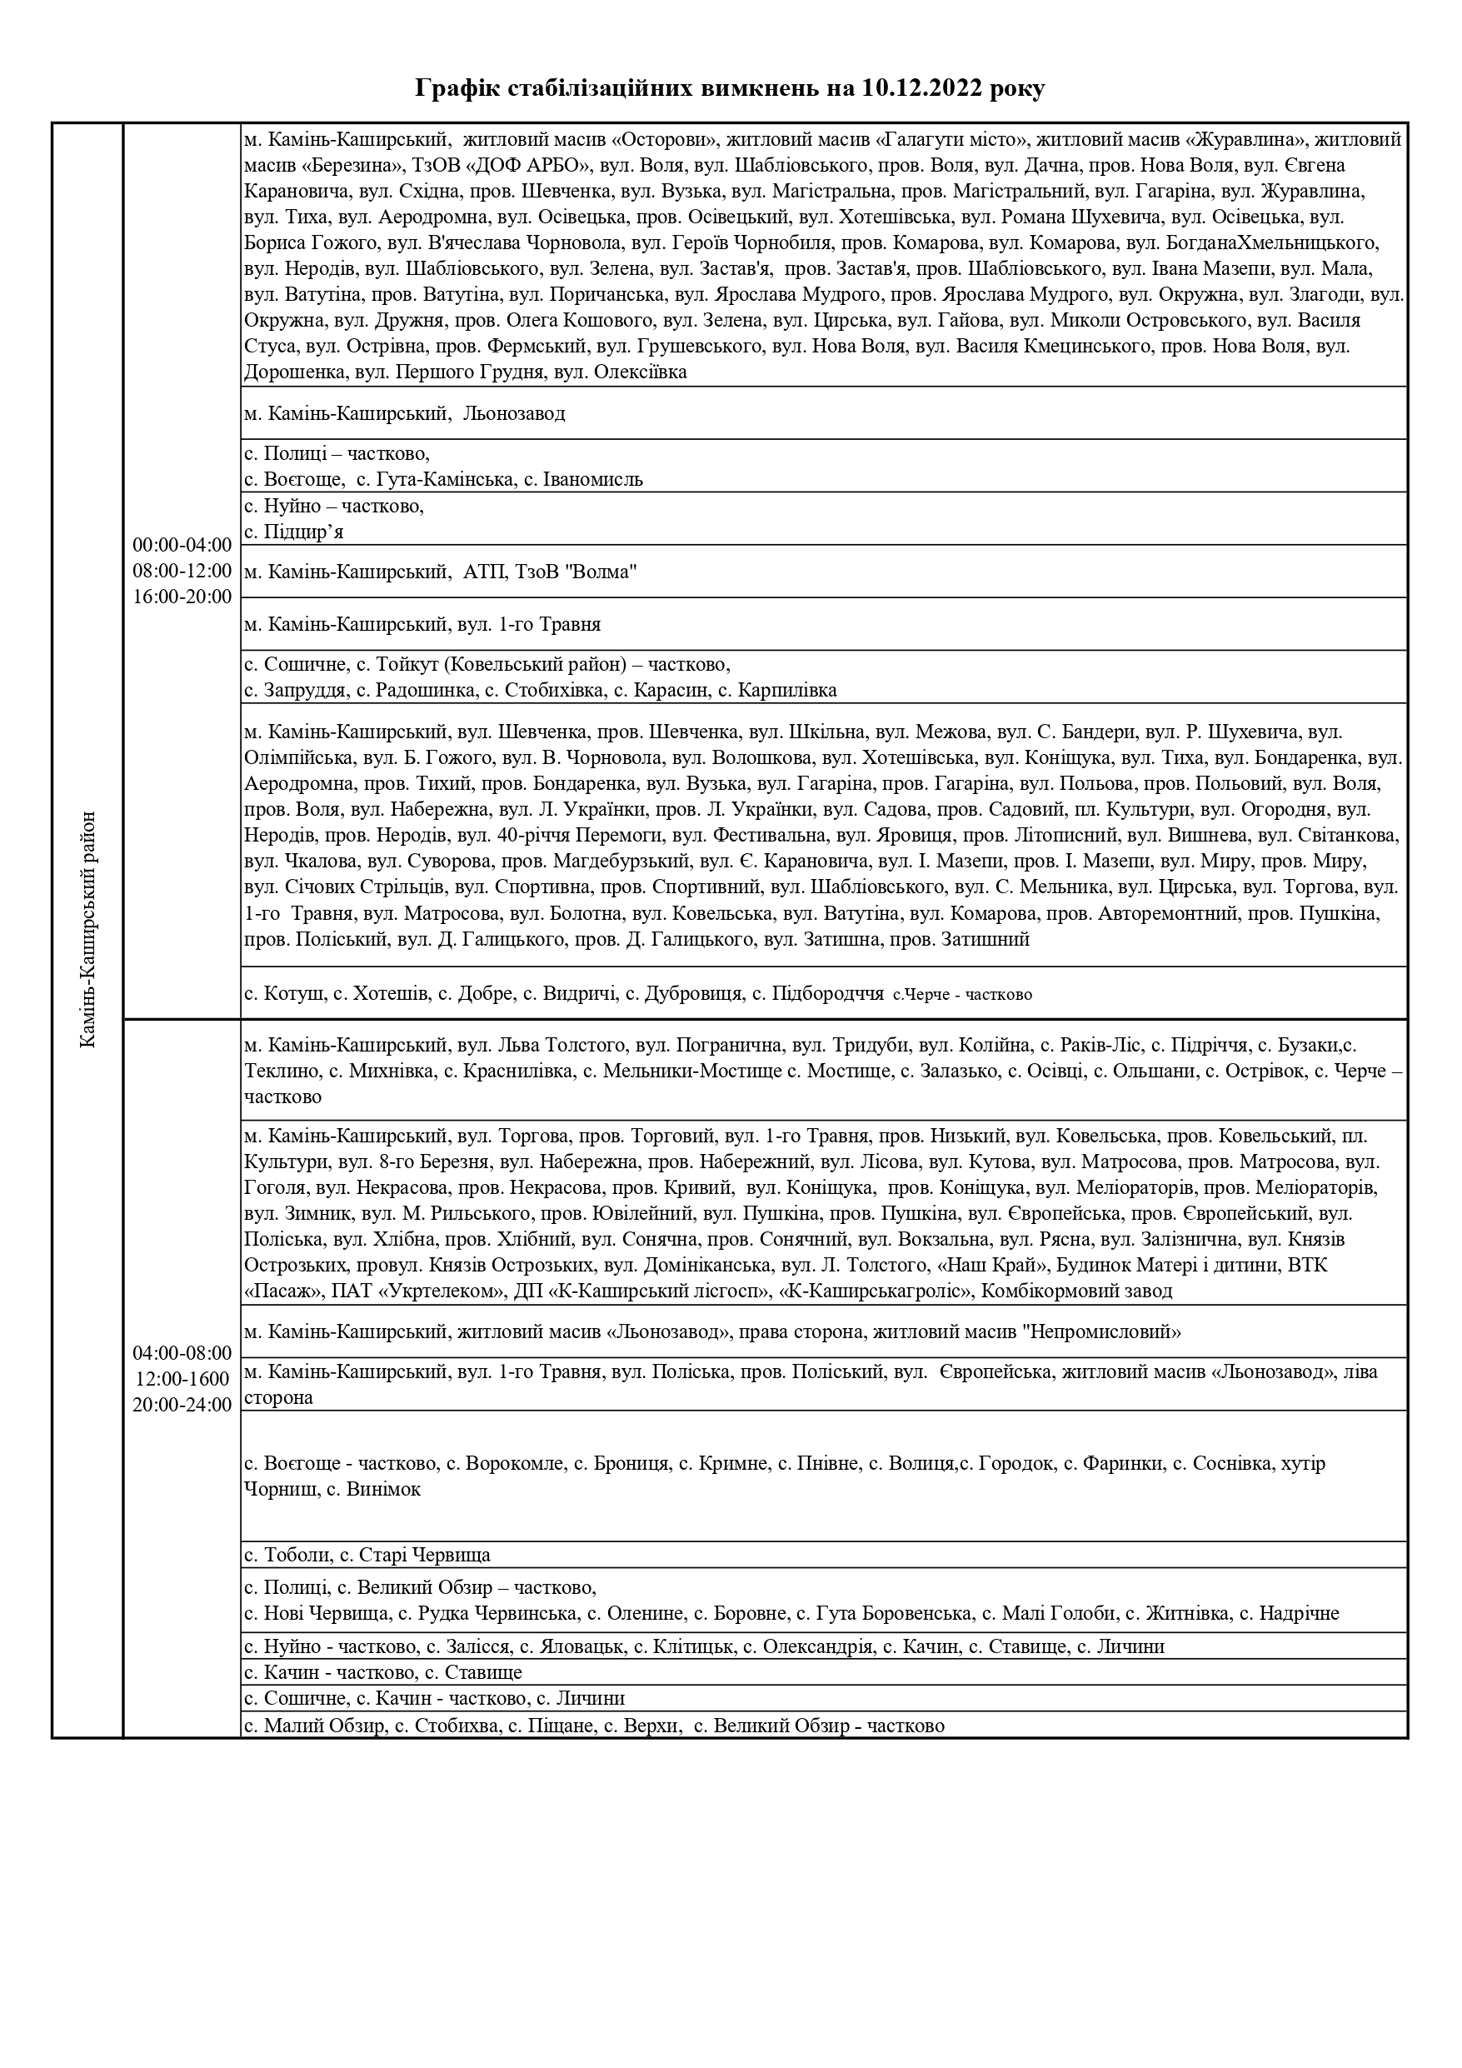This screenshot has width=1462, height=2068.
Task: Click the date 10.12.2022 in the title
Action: [x=922, y=88]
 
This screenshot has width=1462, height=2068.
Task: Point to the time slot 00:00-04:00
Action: [x=182, y=545]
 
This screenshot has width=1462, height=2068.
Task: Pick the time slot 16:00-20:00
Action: [x=182, y=597]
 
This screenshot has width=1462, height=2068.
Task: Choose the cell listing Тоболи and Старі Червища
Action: [x=367, y=1555]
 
